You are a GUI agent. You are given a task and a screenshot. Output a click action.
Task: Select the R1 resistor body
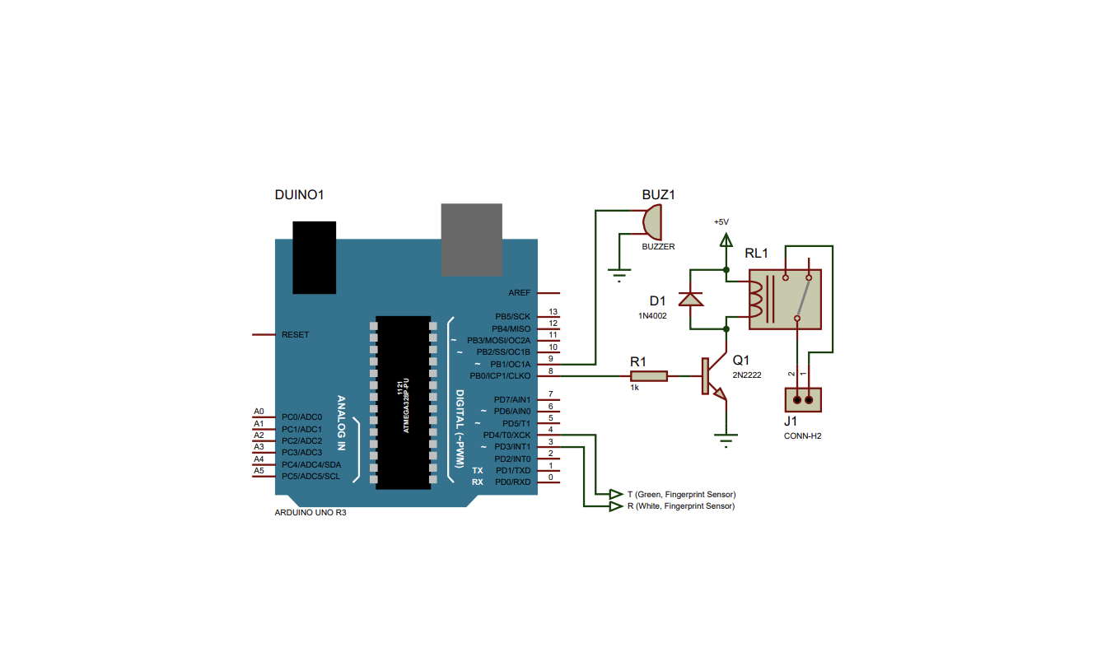pyautogui.click(x=649, y=376)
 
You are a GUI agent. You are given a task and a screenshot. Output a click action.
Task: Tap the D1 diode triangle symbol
pyautogui.click(x=690, y=300)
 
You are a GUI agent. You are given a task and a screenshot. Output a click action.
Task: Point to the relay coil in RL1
pyautogui.click(x=755, y=300)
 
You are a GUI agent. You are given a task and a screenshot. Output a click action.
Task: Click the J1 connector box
pyautogui.click(x=803, y=399)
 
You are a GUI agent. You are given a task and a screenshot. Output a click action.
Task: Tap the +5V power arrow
pyautogui.click(x=726, y=240)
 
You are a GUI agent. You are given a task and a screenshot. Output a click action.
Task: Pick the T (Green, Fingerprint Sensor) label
pyautogui.click(x=681, y=494)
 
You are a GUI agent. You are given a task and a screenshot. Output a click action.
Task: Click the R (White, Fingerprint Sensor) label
pyautogui.click(x=681, y=506)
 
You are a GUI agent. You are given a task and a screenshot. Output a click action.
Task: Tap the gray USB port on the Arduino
pyautogui.click(x=472, y=240)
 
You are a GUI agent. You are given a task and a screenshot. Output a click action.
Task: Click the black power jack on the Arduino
pyautogui.click(x=315, y=258)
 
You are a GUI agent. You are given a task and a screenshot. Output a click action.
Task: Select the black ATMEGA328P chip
pyautogui.click(x=404, y=403)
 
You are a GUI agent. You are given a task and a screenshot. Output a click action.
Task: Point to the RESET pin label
pyautogui.click(x=295, y=335)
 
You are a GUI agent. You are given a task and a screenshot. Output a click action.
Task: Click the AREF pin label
pyautogui.click(x=520, y=293)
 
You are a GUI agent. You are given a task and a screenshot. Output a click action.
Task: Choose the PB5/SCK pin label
pyautogui.click(x=512, y=316)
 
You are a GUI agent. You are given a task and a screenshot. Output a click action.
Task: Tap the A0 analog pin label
pyautogui.click(x=259, y=412)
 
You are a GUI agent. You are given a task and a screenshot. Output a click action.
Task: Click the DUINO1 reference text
pyautogui.click(x=299, y=195)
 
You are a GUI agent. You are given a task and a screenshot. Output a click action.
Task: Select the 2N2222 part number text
pyautogui.click(x=747, y=375)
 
